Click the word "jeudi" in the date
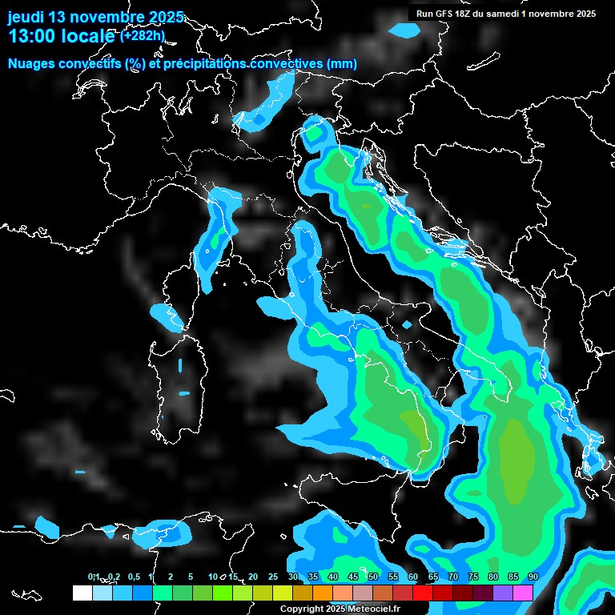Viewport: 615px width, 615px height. coord(26,17)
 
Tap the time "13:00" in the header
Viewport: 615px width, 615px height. coord(30,37)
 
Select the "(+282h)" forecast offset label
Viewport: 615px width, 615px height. coord(142,35)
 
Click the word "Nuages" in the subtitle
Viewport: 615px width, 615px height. coord(32,64)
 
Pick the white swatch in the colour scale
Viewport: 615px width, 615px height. coord(82,593)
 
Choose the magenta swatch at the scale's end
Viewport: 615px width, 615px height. coord(522,593)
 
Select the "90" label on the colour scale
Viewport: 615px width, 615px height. coord(533,577)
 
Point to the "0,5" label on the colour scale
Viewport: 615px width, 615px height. coord(133,577)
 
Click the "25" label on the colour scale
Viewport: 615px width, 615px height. coord(273,577)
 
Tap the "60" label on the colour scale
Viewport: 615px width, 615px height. coord(412,577)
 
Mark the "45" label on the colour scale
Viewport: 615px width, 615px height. coord(353,577)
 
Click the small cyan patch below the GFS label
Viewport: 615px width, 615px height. coord(405,30)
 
